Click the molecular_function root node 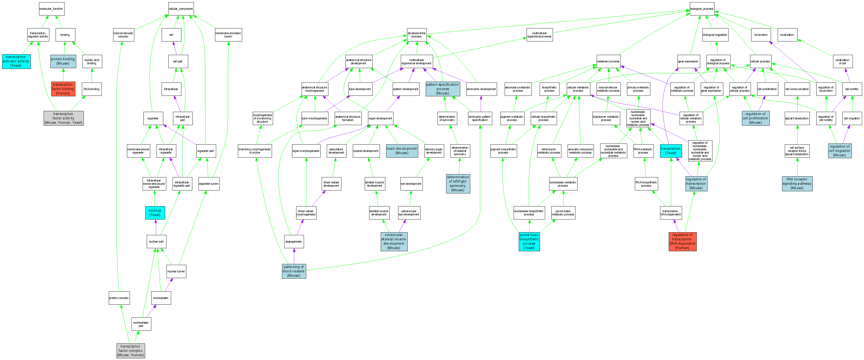click(x=51, y=9)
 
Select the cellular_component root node click(x=181, y=9)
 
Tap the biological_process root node click(x=702, y=9)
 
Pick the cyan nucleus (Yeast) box click(x=155, y=213)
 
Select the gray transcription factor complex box click(x=130, y=351)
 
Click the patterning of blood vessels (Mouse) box click(x=294, y=271)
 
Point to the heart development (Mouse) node click(x=402, y=151)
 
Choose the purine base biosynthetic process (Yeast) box click(x=529, y=241)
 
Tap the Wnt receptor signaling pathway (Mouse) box click(x=797, y=183)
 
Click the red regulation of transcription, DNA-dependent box click(x=682, y=241)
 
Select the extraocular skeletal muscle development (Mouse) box click(x=394, y=241)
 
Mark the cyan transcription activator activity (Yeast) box click(x=16, y=61)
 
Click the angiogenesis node click(x=294, y=241)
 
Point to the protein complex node click(x=119, y=298)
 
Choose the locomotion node click(x=761, y=35)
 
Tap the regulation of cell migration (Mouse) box click(x=840, y=151)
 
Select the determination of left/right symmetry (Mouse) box click(x=458, y=183)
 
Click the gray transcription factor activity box click(x=63, y=118)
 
